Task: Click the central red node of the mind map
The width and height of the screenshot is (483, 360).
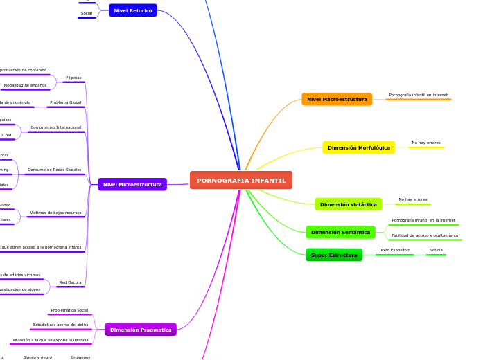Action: pyautogui.click(x=241, y=180)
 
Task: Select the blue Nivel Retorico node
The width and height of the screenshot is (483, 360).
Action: pyautogui.click(x=133, y=10)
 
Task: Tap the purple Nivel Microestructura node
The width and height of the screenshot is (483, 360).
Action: pyautogui.click(x=132, y=184)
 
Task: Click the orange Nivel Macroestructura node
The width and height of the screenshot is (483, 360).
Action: pyautogui.click(x=337, y=99)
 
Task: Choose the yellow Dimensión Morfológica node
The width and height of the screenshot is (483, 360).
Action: pyautogui.click(x=358, y=147)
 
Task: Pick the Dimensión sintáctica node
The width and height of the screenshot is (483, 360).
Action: pyautogui.click(x=348, y=204)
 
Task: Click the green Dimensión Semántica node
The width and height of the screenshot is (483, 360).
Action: pyautogui.click(x=340, y=232)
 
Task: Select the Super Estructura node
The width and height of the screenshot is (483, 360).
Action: pyautogui.click(x=334, y=255)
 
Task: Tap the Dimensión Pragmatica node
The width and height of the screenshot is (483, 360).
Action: pyautogui.click(x=141, y=330)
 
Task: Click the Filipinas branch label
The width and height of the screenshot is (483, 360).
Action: pyautogui.click(x=73, y=78)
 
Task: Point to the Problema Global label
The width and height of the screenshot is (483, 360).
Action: pyautogui.click(x=65, y=102)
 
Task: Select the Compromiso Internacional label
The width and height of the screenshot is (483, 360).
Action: pyautogui.click(x=55, y=127)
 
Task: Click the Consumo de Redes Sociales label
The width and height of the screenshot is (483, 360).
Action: pyautogui.click(x=54, y=170)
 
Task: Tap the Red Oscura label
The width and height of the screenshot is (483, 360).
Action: pyautogui.click(x=70, y=282)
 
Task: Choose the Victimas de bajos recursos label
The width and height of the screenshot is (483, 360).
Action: pyautogui.click(x=55, y=213)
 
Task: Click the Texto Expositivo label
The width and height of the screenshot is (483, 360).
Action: pyautogui.click(x=394, y=250)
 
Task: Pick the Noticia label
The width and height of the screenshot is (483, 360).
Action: pyautogui.click(x=436, y=250)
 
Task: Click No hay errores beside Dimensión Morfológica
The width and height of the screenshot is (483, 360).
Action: pyautogui.click(x=425, y=143)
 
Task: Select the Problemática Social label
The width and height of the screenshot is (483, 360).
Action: pyautogui.click(x=69, y=310)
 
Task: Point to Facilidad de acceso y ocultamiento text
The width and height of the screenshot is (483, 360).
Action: pyautogui.click(x=425, y=235)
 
